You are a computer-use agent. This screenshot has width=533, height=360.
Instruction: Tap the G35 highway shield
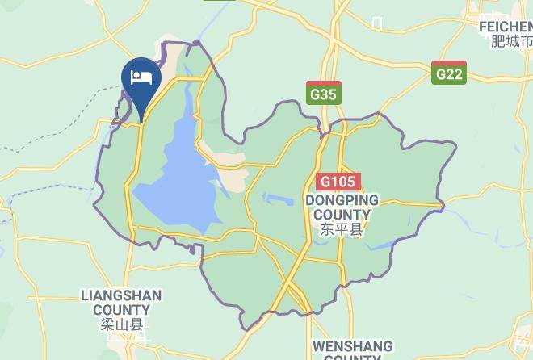(x=324, y=93)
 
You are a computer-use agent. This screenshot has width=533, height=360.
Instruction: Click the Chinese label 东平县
(x=342, y=230)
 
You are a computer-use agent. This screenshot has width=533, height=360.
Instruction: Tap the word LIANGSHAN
(x=121, y=295)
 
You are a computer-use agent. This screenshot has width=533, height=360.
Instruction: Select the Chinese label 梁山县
(x=121, y=325)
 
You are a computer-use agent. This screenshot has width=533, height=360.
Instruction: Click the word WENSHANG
(x=352, y=346)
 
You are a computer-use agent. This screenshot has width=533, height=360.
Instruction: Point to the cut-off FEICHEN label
(x=506, y=27)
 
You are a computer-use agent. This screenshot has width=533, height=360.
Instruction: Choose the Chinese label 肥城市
(x=511, y=41)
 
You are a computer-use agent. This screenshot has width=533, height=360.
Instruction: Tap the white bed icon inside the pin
(x=141, y=77)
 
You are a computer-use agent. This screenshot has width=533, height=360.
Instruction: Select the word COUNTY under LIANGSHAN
(x=121, y=310)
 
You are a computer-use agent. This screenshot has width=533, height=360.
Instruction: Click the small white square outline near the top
(x=376, y=23)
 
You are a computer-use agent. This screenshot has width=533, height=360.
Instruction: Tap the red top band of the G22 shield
(x=448, y=65)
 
